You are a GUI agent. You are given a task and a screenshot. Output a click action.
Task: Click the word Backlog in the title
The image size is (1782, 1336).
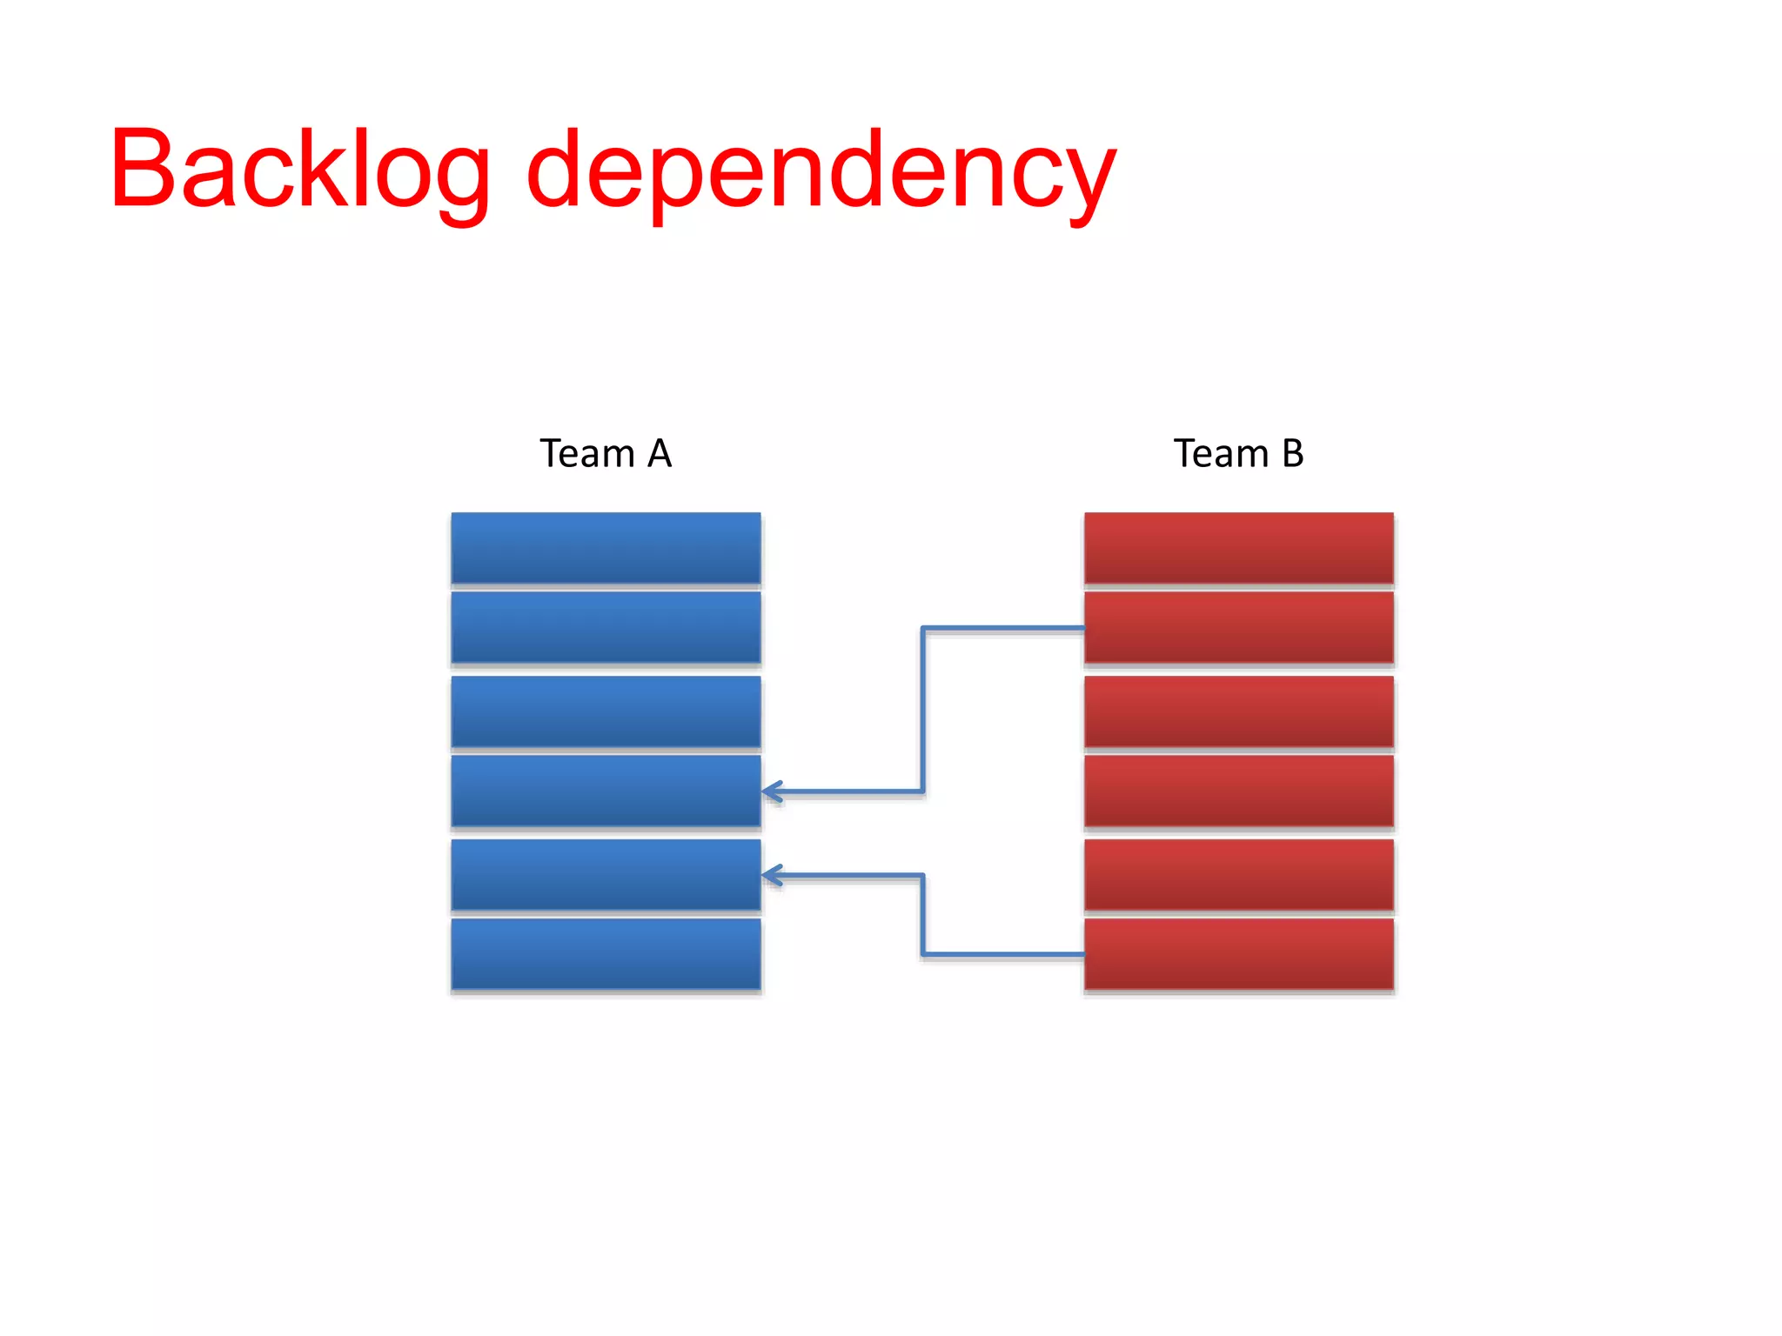tap(300, 170)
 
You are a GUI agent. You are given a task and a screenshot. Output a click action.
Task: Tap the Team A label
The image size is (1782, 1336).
tap(606, 453)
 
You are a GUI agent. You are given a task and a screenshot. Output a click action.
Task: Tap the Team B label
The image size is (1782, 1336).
tap(1238, 453)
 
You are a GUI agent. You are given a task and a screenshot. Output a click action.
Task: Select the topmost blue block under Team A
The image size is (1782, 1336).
tap(606, 548)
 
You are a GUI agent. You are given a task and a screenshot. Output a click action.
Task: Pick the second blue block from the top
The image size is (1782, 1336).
tap(606, 628)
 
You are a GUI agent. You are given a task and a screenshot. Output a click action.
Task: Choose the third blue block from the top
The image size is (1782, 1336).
tap(606, 711)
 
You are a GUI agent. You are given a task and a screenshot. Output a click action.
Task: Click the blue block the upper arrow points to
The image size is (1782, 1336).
tap(606, 791)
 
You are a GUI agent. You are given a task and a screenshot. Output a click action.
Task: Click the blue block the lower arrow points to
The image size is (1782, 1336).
tap(606, 874)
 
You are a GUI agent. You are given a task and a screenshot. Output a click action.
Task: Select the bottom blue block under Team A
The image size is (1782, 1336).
tap(606, 954)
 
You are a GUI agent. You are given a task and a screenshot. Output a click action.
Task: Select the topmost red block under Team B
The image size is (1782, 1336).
tap(1238, 548)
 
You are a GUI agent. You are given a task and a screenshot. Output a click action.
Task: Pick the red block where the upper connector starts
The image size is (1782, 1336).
tap(1238, 628)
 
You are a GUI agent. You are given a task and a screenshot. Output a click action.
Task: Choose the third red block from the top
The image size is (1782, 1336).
tap(1238, 711)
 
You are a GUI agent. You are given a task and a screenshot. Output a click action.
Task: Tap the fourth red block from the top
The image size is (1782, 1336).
tap(1238, 791)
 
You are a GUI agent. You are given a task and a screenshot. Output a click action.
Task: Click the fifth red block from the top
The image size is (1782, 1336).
tap(1238, 874)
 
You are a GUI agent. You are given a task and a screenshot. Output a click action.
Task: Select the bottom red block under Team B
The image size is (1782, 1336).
tap(1238, 954)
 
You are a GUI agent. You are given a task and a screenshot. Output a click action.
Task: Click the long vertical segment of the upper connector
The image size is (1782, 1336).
tap(922, 709)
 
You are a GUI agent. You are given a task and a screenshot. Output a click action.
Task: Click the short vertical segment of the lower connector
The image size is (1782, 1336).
tap(922, 915)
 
